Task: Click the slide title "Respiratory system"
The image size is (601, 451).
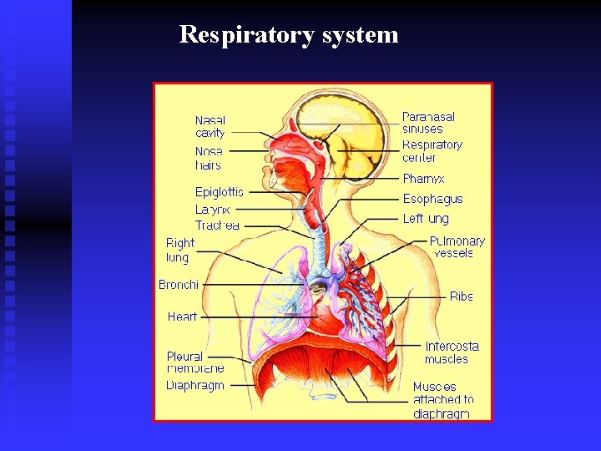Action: pyautogui.click(x=289, y=35)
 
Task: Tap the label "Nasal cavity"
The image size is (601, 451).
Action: pyautogui.click(x=210, y=127)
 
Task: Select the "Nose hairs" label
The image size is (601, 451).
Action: pyautogui.click(x=209, y=159)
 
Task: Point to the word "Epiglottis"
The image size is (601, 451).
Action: pyautogui.click(x=220, y=192)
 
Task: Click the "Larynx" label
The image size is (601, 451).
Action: pyautogui.click(x=212, y=210)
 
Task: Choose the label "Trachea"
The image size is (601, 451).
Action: pyautogui.click(x=217, y=225)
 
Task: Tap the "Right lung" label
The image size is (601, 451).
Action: pyautogui.click(x=179, y=250)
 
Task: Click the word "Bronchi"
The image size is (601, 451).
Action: pyautogui.click(x=179, y=285)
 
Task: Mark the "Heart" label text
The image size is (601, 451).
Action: pyautogui.click(x=182, y=317)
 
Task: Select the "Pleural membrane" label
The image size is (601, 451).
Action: pyautogui.click(x=194, y=362)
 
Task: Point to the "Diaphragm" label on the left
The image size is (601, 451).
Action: pyautogui.click(x=195, y=385)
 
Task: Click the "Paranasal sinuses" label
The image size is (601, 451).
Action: pyautogui.click(x=428, y=123)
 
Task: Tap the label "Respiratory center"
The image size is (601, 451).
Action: pyautogui.click(x=432, y=151)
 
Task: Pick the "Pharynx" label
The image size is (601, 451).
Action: pyautogui.click(x=423, y=179)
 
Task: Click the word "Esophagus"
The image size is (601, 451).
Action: pyautogui.click(x=432, y=199)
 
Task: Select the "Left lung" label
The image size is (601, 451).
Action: pyautogui.click(x=426, y=219)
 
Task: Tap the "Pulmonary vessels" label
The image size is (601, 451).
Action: pyautogui.click(x=457, y=247)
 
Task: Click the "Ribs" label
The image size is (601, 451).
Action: pyautogui.click(x=461, y=296)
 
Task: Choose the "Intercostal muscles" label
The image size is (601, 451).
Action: pyautogui.click(x=452, y=352)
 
